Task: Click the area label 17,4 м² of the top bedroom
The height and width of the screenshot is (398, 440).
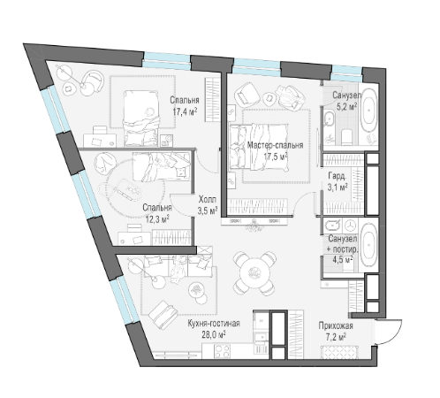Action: tap(185, 111)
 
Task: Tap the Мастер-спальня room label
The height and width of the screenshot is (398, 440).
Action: tap(275, 145)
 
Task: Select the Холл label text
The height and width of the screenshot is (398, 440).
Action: tap(208, 200)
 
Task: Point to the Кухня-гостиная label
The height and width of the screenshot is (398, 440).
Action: tap(214, 324)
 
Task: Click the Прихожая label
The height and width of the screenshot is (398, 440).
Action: tap(336, 326)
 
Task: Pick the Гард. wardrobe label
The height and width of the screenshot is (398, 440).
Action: tap(338, 176)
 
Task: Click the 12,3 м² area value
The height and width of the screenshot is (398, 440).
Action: tap(157, 218)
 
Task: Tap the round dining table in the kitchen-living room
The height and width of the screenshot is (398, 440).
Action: tap(254, 273)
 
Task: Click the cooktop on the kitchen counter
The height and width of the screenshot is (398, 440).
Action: tap(222, 351)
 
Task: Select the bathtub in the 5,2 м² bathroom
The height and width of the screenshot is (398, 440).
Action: tap(369, 111)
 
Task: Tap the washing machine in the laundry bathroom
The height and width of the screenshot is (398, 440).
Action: tap(349, 225)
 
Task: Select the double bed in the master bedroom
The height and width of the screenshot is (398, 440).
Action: tap(259, 147)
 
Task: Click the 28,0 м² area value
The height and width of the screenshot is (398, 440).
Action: tap(214, 334)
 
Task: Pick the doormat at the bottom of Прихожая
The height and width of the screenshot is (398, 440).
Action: tap(339, 353)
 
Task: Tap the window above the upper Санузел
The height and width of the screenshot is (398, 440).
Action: tap(347, 73)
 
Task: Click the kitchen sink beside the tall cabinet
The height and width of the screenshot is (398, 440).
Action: tap(261, 337)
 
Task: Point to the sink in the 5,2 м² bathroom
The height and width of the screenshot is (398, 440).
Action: tap(329, 119)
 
